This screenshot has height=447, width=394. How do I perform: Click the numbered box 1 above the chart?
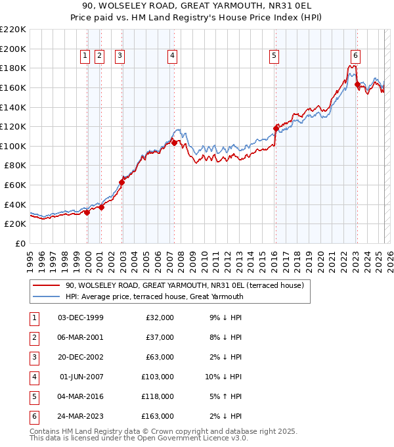[85, 57]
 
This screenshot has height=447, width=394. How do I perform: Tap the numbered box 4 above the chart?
[171, 57]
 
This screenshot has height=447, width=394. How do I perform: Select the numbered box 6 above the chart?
[355, 57]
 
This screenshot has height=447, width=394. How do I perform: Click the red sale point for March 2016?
[276, 128]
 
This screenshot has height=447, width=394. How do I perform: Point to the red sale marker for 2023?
[357, 84]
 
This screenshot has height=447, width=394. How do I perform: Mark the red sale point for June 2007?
[174, 143]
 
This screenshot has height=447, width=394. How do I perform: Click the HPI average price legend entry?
[154, 296]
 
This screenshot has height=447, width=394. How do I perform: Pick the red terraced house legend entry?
[184, 286]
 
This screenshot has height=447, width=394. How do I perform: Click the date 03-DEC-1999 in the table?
[80, 318]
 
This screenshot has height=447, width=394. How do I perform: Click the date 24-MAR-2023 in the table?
[80, 415]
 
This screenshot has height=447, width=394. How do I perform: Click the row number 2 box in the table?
[33, 337]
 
